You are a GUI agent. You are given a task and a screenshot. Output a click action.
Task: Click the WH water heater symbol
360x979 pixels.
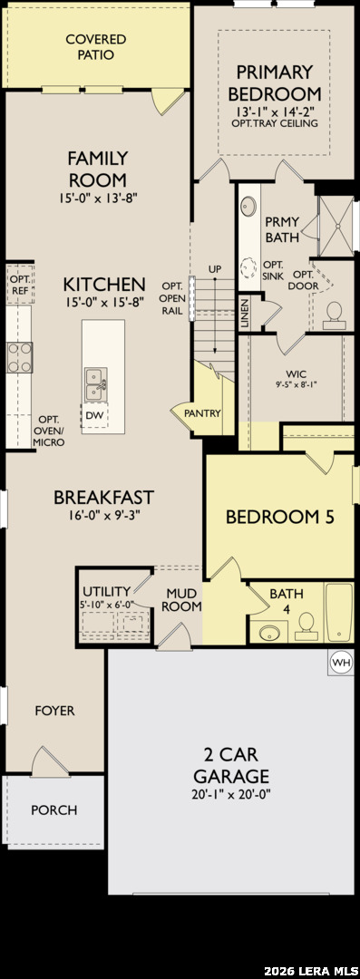340,661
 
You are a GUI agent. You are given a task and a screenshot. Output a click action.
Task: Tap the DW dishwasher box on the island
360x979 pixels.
94,415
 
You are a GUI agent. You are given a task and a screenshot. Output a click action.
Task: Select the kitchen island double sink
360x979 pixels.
95,384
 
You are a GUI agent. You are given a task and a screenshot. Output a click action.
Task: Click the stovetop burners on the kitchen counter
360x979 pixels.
20,358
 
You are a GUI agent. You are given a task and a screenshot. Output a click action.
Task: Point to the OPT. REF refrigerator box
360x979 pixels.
19,284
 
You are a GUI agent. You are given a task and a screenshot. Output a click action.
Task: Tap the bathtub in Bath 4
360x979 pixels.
339,613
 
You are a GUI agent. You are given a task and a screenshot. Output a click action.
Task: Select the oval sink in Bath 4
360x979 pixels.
270,632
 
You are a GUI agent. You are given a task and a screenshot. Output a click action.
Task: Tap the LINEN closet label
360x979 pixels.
244,315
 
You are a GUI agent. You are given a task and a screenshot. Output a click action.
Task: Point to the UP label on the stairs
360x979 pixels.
215,269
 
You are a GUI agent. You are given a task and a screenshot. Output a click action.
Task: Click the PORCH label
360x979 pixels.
54,810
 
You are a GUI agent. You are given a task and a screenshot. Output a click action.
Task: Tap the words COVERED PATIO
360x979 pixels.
95,47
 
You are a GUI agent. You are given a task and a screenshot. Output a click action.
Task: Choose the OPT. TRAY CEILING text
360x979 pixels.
274,123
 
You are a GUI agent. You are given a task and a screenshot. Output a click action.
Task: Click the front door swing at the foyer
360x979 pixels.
49,760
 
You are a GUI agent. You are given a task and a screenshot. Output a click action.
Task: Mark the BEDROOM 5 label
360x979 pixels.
280,517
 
